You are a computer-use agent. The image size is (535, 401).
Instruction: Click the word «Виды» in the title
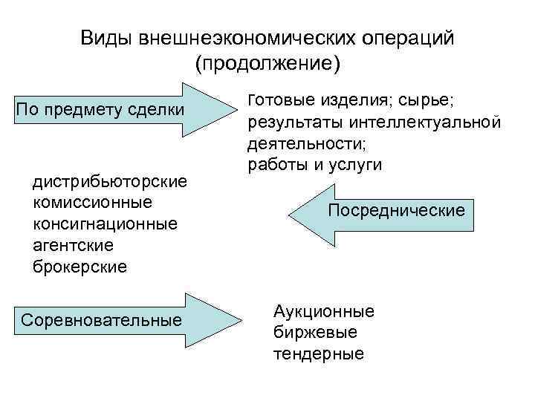pos(105,38)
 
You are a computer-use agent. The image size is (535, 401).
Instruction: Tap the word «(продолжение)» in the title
pos(267,64)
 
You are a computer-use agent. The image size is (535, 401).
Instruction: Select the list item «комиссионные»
pos(93,202)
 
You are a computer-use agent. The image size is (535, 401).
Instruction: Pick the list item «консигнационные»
pos(106,223)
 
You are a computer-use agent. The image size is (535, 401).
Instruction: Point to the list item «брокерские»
pos(80,265)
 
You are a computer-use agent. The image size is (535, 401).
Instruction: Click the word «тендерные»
pos(319,353)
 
